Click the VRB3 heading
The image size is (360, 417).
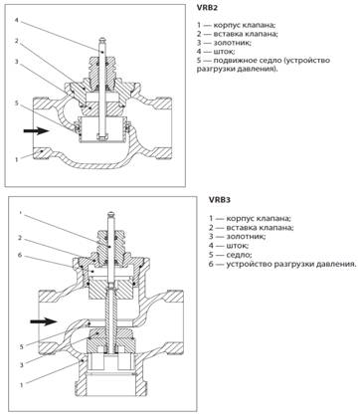pos(220,200)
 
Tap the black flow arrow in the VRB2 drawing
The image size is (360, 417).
pos(36,130)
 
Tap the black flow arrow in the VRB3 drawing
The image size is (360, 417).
pos(44,321)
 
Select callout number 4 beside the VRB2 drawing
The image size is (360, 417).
pos(17,20)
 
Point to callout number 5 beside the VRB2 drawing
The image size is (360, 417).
pos(17,104)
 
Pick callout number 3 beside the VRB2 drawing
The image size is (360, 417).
pos(16,62)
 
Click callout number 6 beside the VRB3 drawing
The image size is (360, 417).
pos(20,255)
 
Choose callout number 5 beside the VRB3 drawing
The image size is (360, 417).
pos(21,347)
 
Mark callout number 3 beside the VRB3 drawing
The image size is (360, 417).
pos(21,365)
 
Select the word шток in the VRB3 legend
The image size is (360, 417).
pos(238,246)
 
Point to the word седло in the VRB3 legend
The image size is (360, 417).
pos(239,255)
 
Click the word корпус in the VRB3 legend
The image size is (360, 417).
pos(241,219)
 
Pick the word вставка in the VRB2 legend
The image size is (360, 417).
pos(228,34)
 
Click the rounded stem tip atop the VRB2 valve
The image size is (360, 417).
pos(103,39)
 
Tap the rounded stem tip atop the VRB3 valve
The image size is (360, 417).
pos(111,213)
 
